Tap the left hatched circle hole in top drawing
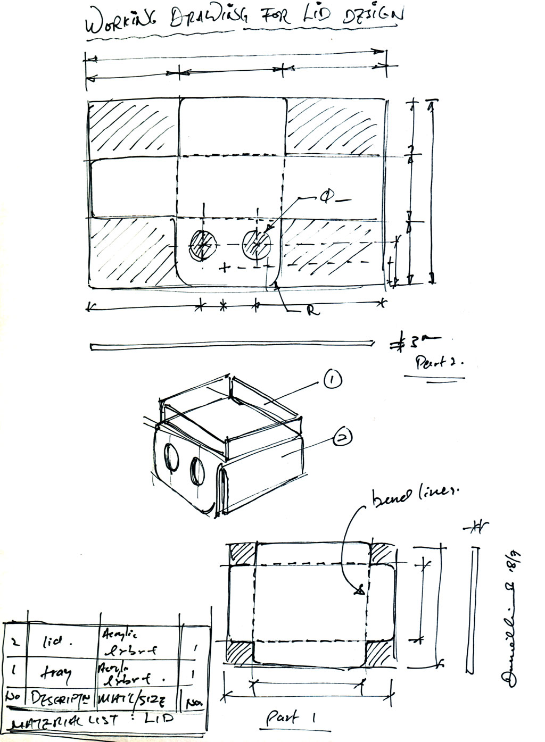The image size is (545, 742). [203, 246]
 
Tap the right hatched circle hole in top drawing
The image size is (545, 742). [257, 245]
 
